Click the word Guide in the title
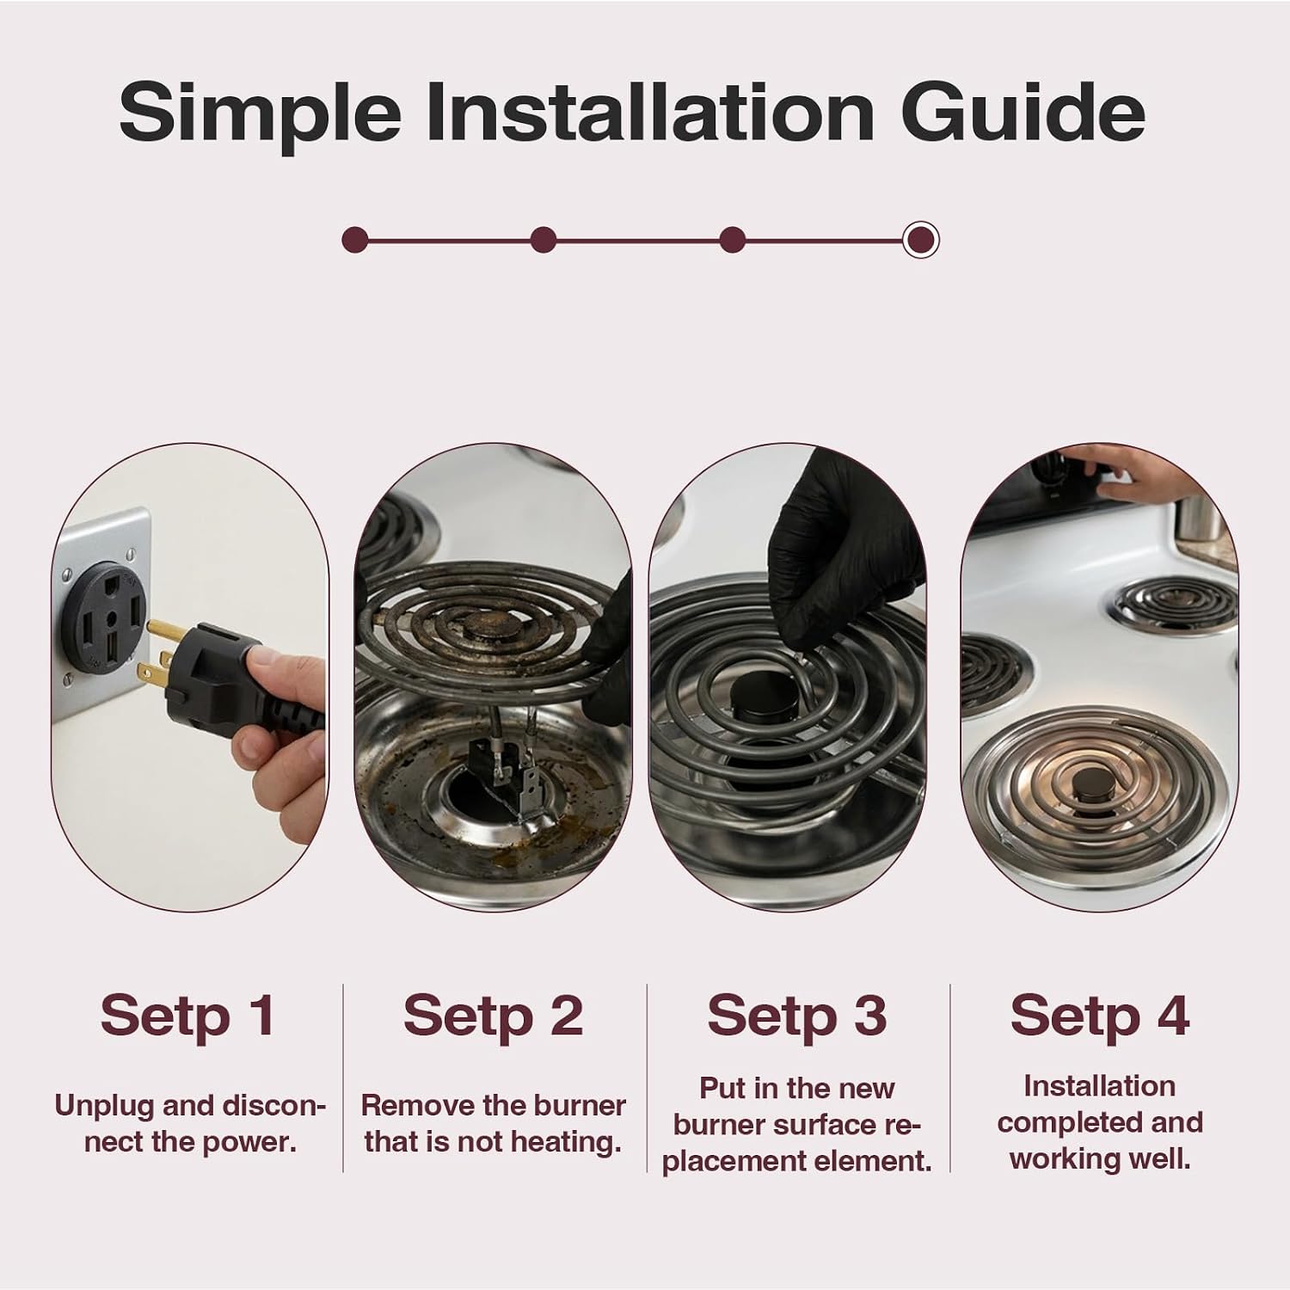[1023, 113]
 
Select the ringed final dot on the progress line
[921, 239]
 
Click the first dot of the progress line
[354, 239]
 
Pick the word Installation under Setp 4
[1099, 1086]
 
